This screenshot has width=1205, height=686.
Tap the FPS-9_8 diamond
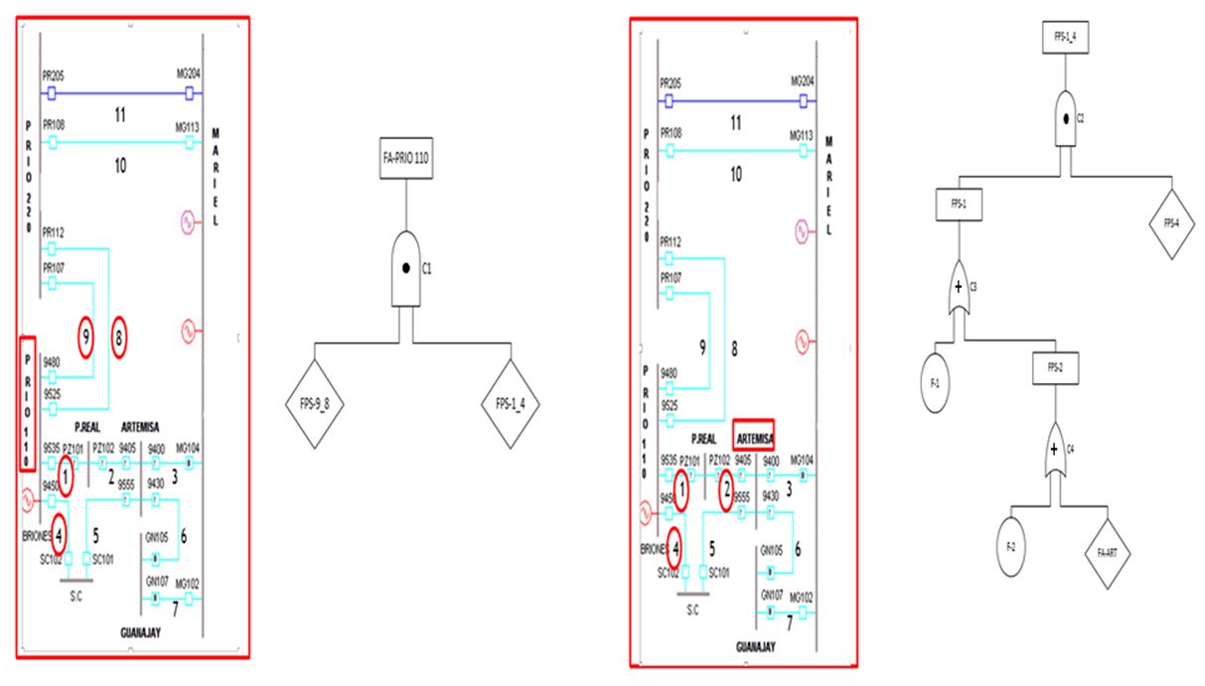(315, 405)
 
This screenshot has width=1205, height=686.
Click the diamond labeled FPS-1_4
(512, 405)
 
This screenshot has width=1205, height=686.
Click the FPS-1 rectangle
(959, 204)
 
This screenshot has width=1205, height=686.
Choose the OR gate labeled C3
(959, 288)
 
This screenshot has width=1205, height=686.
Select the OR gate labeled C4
(1055, 451)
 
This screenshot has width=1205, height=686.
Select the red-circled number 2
(726, 488)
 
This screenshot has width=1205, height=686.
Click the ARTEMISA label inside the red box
(753, 435)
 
